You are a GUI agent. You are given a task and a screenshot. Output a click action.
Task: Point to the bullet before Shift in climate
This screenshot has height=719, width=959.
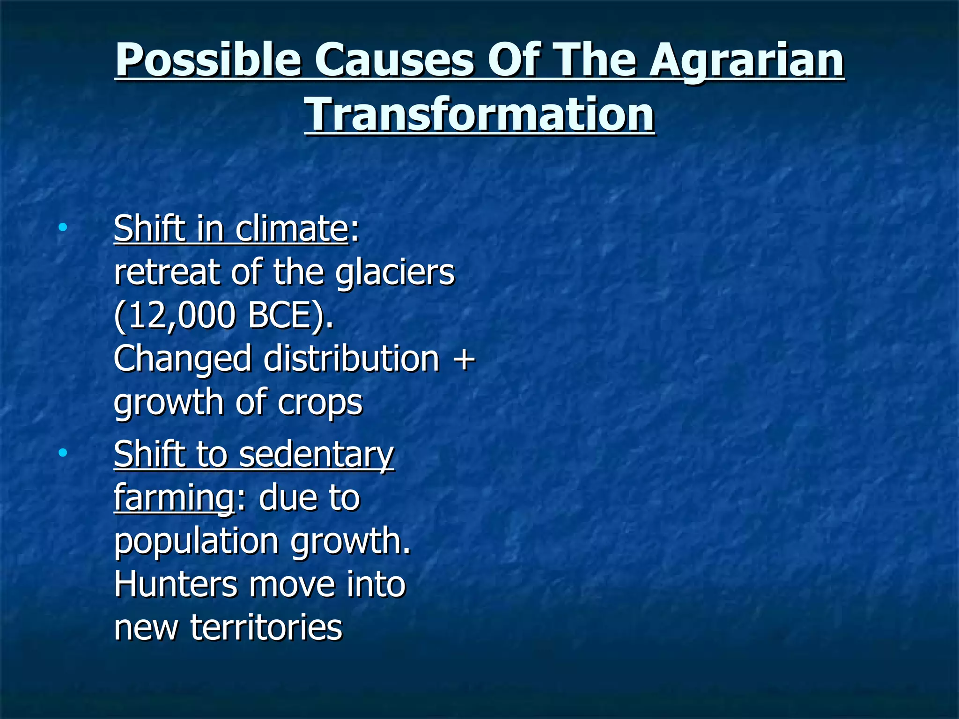(x=62, y=228)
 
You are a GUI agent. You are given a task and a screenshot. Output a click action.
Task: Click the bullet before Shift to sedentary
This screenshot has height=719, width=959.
(x=62, y=453)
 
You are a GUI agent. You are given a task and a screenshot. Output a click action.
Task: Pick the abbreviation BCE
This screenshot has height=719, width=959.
(x=286, y=315)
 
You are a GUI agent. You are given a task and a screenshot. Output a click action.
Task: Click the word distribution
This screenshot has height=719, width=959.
(x=351, y=359)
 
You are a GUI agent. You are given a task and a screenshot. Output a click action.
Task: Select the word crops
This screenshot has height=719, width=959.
(x=320, y=403)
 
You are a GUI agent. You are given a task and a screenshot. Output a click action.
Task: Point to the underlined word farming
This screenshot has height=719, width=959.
(x=174, y=498)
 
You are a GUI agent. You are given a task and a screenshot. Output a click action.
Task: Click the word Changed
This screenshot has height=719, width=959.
(x=183, y=359)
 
